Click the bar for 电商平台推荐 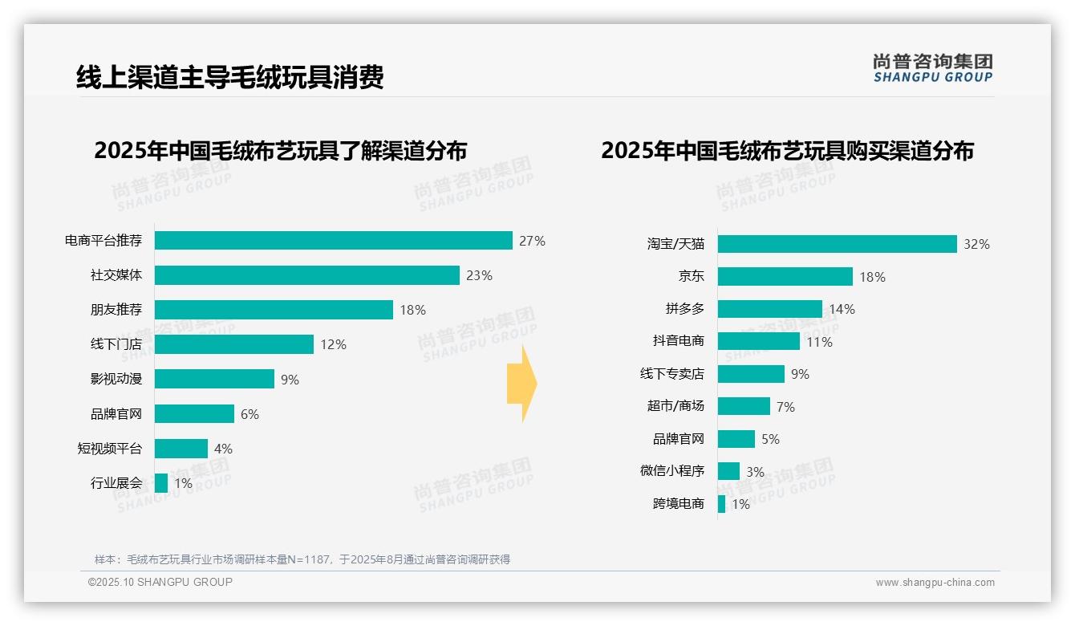pyautogui.click(x=333, y=241)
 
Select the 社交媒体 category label pyautogui.click(x=116, y=275)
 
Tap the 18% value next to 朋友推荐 pyautogui.click(x=412, y=310)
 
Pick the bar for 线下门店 pyautogui.click(x=233, y=344)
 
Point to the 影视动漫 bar pyautogui.click(x=214, y=379)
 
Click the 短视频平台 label pyautogui.click(x=109, y=449)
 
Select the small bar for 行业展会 pyautogui.click(x=161, y=483)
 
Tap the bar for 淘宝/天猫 pyautogui.click(x=837, y=244)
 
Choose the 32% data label pyautogui.click(x=976, y=245)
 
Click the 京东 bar pyautogui.click(x=785, y=277)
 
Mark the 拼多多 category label pyautogui.click(x=684, y=309)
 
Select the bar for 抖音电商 pyautogui.click(x=758, y=341)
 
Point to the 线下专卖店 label pyautogui.click(x=671, y=374)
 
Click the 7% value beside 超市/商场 pyautogui.click(x=785, y=408)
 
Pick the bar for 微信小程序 pyautogui.click(x=728, y=471)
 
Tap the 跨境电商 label pyautogui.click(x=678, y=504)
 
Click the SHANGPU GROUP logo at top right pyautogui.click(x=932, y=68)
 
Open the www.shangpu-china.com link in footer pyautogui.click(x=935, y=583)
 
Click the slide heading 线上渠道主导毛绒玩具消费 pyautogui.click(x=229, y=77)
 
